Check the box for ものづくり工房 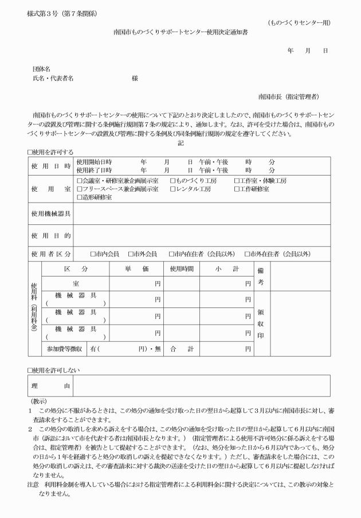pyautogui.click(x=173, y=181)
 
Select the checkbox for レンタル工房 pyautogui.click(x=173, y=189)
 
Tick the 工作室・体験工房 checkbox pyautogui.click(x=237, y=181)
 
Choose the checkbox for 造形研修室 pyautogui.click(x=80, y=197)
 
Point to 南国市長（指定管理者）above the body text pyautogui.click(x=289, y=96)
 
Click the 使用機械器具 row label pyautogui.click(x=51, y=213)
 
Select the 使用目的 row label pyautogui.click(x=51, y=235)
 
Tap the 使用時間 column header pyautogui.click(x=182, y=268)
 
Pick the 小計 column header pyautogui.click(x=227, y=268)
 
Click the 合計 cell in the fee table pyautogui.click(x=182, y=348)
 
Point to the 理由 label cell pyautogui.click(x=51, y=386)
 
